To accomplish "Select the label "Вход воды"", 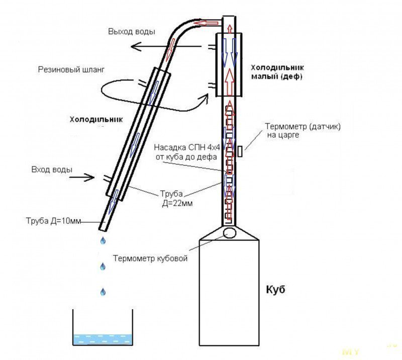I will point(51,169).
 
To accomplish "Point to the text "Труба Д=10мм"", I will point(52,221).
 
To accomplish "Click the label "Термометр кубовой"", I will point(150,259).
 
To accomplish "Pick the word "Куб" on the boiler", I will point(275,290).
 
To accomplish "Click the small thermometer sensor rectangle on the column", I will point(241,150).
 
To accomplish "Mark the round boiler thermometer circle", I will point(230,232).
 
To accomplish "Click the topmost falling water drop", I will point(103,240).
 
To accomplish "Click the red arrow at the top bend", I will point(207,23).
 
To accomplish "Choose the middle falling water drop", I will point(103,266).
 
